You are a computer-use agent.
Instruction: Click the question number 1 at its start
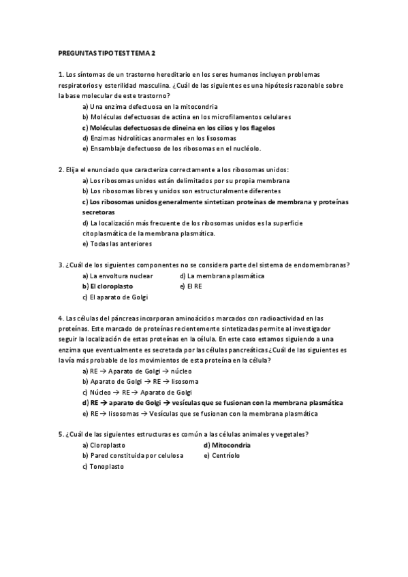point(61,74)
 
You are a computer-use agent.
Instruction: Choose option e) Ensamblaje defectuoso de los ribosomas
point(171,148)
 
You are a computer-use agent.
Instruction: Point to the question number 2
point(61,170)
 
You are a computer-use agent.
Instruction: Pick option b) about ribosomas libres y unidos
point(176,191)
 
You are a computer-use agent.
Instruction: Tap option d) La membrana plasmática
point(222,276)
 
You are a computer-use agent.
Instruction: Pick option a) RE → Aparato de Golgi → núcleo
point(137,372)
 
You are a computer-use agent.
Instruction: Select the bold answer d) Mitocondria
point(227,445)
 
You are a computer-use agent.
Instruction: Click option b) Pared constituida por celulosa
point(132,455)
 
